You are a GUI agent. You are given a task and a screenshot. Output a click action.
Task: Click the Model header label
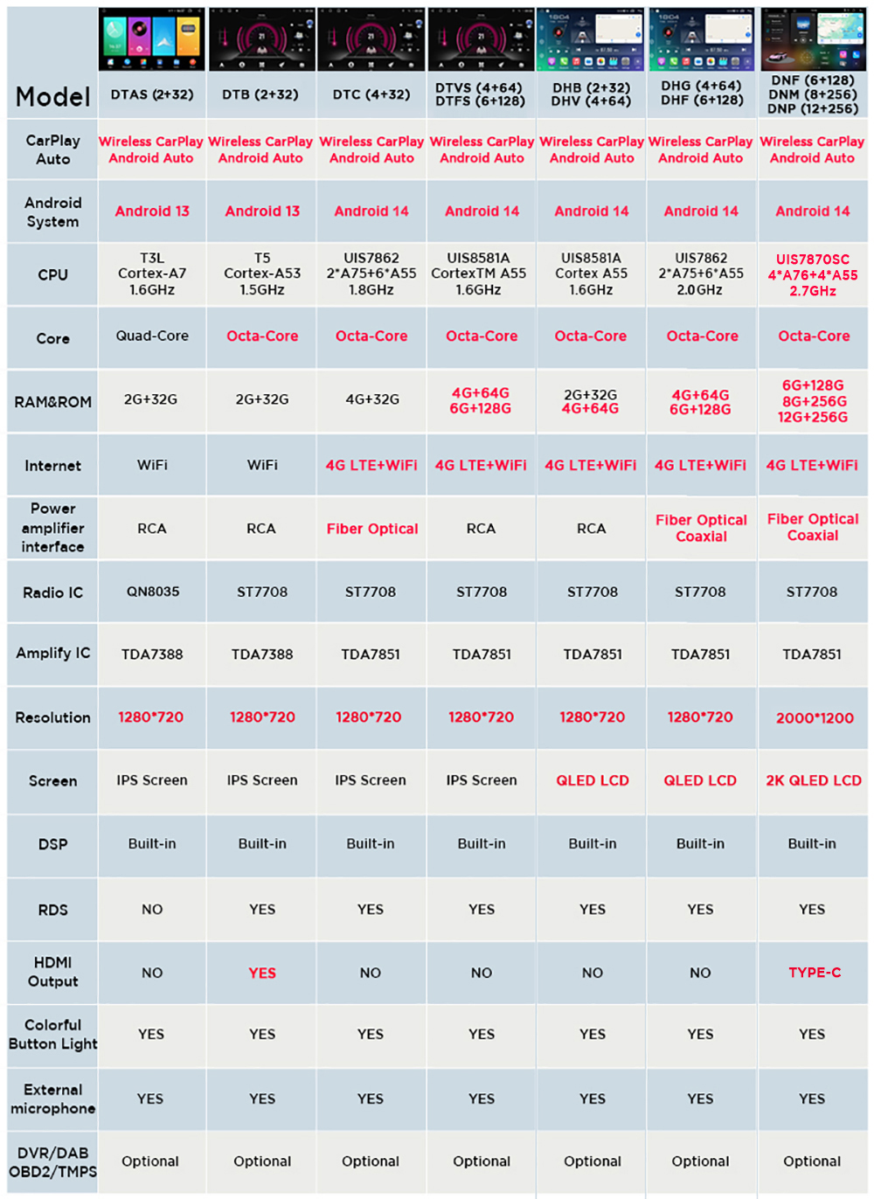pos(52,97)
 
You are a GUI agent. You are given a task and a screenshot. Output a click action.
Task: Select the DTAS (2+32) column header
pos(152,94)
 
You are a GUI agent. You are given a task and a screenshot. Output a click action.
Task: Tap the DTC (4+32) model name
pos(371,94)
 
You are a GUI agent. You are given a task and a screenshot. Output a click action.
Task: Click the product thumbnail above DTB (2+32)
pos(262,40)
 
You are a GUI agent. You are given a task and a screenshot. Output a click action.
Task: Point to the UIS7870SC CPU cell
pos(813,274)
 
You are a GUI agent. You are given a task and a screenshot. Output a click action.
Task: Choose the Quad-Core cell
pos(152,336)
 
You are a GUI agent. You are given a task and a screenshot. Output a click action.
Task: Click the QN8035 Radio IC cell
pos(152,592)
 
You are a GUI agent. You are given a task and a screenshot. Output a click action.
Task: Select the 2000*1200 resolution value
pos(815,717)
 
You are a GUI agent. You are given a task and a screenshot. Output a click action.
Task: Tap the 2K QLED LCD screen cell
pos(814,780)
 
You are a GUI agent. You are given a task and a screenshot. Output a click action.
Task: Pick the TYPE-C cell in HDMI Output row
pos(815,972)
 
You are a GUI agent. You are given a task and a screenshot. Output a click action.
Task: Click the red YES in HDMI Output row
pos(262,973)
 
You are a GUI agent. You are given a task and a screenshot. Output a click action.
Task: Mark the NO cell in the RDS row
pos(152,909)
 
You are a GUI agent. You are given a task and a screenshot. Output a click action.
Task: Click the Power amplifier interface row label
pos(52,528)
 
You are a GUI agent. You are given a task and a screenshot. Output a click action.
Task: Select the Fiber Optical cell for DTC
pos(372,529)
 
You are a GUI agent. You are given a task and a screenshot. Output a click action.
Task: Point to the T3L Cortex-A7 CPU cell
pos(152,274)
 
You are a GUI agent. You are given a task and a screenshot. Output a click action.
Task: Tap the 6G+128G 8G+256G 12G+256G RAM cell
pos(813,401)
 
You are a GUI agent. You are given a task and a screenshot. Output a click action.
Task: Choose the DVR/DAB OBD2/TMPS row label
pos(52,1162)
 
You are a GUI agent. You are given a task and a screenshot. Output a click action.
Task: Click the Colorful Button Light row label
pos(52,1034)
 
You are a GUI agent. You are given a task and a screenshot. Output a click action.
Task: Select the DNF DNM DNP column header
pos(813,94)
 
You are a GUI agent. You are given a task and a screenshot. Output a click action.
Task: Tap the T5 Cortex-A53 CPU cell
pos(262,274)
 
